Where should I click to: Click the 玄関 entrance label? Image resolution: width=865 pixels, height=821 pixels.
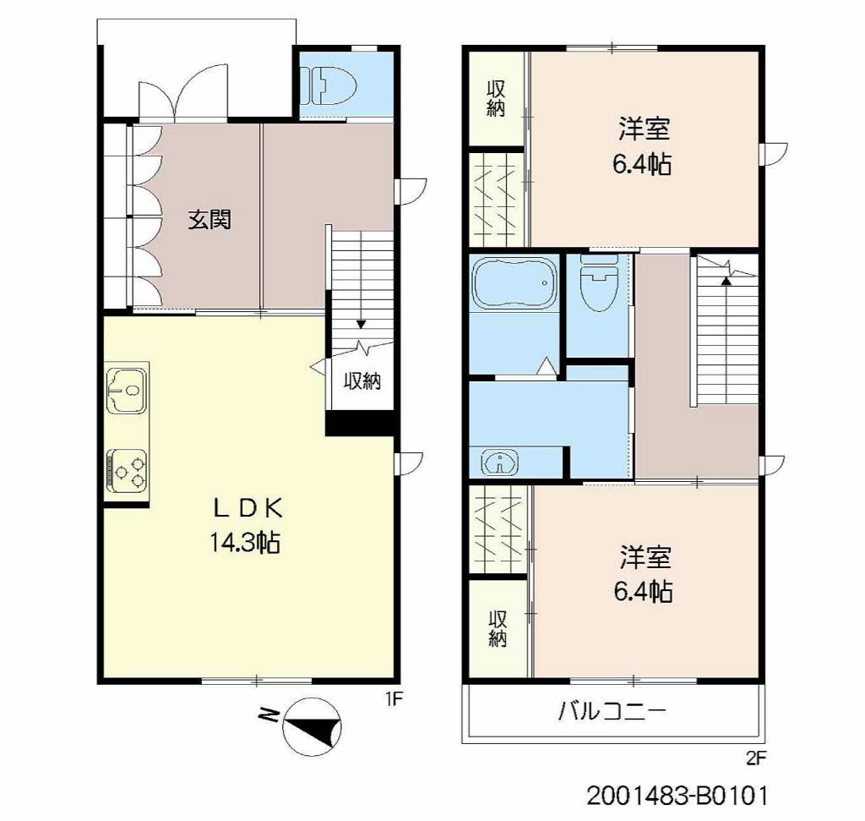click(209, 220)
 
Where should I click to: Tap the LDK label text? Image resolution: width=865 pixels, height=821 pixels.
click(248, 508)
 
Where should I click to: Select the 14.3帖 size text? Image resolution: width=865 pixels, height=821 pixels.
click(245, 543)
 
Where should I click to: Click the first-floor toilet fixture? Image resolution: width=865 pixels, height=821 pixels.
click(329, 85)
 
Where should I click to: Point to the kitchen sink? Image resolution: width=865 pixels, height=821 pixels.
click(127, 390)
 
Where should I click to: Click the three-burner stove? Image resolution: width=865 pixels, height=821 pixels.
click(128, 470)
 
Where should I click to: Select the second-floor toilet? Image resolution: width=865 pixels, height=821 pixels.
click(599, 282)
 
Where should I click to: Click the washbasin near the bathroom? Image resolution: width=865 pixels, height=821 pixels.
click(500, 462)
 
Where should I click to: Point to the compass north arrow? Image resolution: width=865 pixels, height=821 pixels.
click(312, 727)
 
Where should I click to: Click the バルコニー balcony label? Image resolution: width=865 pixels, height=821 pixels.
click(612, 711)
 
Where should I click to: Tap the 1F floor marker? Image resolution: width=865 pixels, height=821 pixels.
click(394, 699)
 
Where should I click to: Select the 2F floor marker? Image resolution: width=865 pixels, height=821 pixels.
click(756, 758)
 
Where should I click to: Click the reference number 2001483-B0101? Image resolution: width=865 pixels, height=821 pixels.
click(677, 796)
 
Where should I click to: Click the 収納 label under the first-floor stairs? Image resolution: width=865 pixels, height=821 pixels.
click(362, 381)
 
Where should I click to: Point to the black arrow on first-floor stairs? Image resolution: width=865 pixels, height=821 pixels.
click(361, 324)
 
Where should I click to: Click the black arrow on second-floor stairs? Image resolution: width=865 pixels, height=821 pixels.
click(726, 281)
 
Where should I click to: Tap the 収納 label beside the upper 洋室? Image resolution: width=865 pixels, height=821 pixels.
click(496, 100)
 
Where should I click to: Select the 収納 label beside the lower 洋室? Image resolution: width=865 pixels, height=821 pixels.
click(498, 628)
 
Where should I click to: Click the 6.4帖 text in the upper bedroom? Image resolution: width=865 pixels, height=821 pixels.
click(642, 164)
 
